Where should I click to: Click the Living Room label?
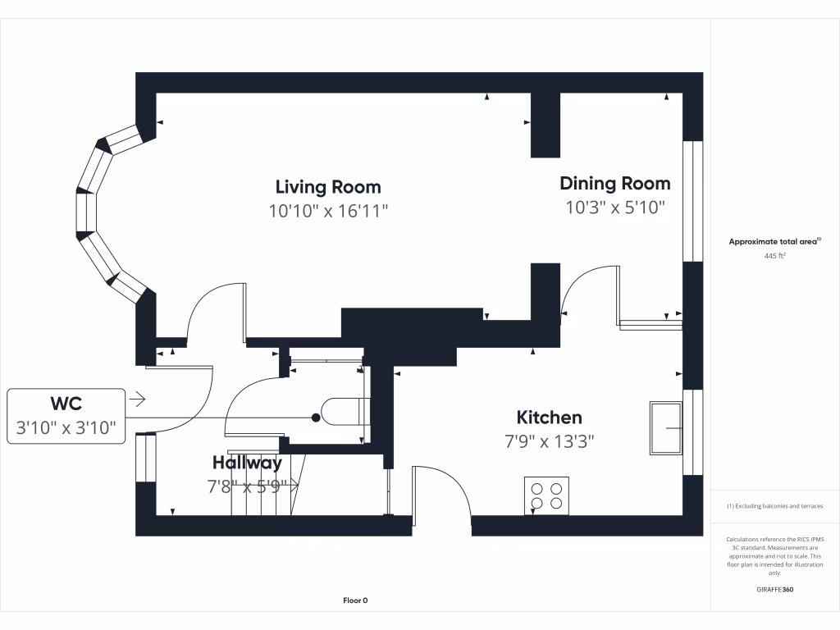(327, 186)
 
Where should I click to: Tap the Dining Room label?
(614, 183)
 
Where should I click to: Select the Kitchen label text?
(549, 418)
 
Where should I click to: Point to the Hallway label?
(247, 463)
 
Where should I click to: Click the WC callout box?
(66, 416)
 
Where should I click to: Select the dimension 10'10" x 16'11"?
(327, 211)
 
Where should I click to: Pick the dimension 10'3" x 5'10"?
(614, 208)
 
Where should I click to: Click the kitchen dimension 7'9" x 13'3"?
(549, 441)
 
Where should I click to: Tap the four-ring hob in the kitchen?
(547, 495)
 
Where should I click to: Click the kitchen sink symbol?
(666, 427)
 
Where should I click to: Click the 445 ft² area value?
(774, 256)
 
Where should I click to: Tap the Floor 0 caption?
(355, 600)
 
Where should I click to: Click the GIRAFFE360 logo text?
(774, 589)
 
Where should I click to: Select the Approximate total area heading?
(774, 242)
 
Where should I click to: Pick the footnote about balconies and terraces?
(774, 506)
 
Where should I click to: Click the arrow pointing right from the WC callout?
(137, 399)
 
